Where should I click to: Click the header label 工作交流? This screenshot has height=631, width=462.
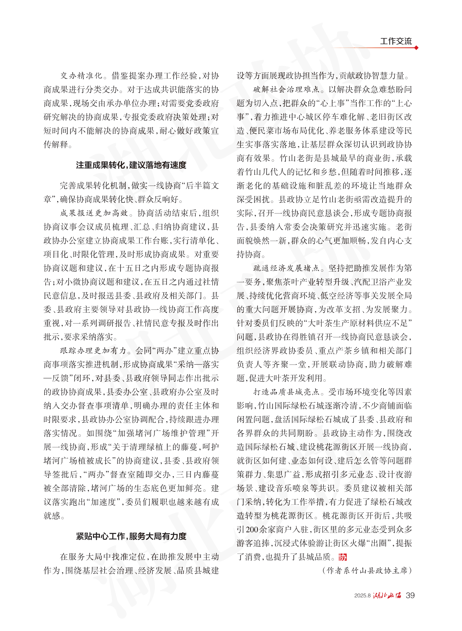396,41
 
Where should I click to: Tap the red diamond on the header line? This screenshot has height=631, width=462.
416,48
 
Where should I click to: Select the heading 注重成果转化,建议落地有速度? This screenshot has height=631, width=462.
131,165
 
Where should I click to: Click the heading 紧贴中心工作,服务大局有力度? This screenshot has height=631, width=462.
131,536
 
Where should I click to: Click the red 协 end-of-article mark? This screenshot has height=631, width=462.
342,557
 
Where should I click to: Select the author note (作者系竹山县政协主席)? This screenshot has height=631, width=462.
367,571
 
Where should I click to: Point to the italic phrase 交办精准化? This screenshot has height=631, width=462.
81,76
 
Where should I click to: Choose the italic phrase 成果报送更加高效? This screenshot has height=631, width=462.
94,213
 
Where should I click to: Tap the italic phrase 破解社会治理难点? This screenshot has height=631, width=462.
286,90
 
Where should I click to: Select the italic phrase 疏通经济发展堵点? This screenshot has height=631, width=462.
286,268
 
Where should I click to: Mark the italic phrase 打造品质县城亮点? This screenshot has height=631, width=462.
286,392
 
